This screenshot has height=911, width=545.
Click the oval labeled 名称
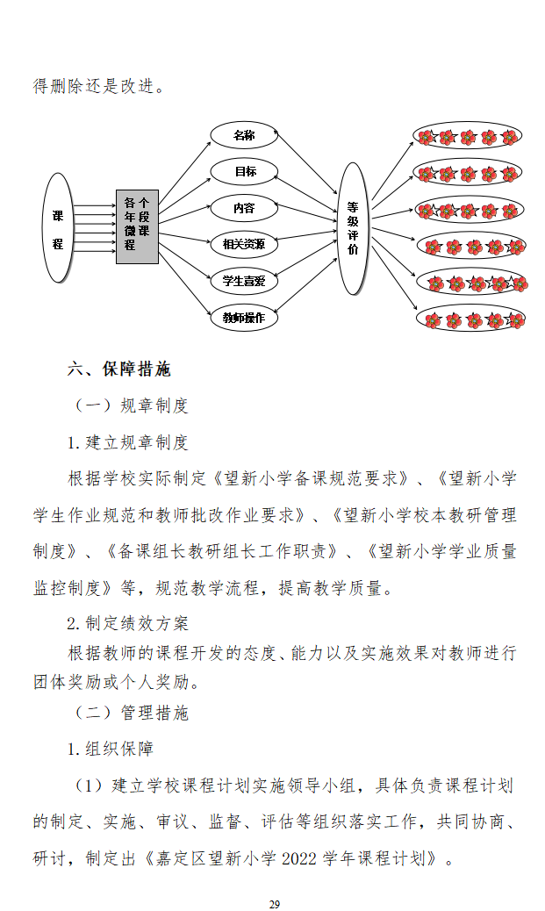coord(243,135)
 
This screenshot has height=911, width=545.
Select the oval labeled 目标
coord(244,172)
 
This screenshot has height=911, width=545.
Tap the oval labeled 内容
coord(243,208)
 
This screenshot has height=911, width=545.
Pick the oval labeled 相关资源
coord(244,244)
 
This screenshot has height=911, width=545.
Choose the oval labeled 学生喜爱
coord(244,281)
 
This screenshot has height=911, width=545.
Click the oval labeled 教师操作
coord(244,317)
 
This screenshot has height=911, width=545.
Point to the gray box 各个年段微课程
coord(137,226)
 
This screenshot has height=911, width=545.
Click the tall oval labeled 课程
coord(58,228)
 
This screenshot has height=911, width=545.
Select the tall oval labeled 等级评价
coord(352,227)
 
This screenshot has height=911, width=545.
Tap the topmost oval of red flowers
coord(469,136)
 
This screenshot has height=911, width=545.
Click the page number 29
coord(274,904)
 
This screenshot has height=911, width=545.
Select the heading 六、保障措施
coord(119,369)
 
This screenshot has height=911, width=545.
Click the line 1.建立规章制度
coord(128,442)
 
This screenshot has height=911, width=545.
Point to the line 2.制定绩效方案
coord(128,623)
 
